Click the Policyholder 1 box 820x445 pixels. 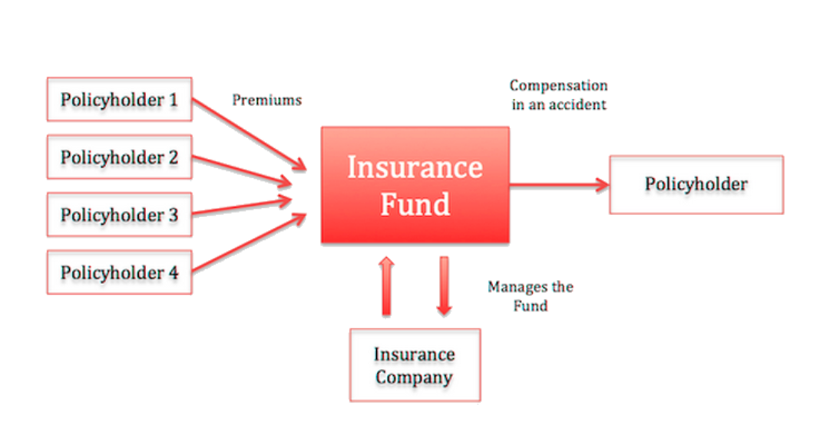coord(119,99)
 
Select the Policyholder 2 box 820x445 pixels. coord(119,157)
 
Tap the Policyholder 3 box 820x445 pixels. coord(119,215)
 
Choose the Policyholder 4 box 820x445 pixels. coord(119,272)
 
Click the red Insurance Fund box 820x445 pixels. coord(415,185)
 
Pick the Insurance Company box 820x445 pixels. coord(415,365)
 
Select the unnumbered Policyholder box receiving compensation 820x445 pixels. coord(696,184)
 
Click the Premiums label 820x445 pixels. coord(266,100)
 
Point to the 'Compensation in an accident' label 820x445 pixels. coord(558,94)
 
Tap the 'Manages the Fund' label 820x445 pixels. coord(531,295)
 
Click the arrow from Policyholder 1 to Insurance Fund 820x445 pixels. coord(250,135)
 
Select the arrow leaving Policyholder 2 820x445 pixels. coord(242,170)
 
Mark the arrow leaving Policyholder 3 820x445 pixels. coord(242,207)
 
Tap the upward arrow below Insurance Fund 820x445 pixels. coord(386,286)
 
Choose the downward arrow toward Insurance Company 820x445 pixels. coord(444,286)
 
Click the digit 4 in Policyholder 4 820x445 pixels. coord(173,272)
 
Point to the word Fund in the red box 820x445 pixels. coord(415,203)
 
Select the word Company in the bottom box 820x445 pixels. coord(414,377)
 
